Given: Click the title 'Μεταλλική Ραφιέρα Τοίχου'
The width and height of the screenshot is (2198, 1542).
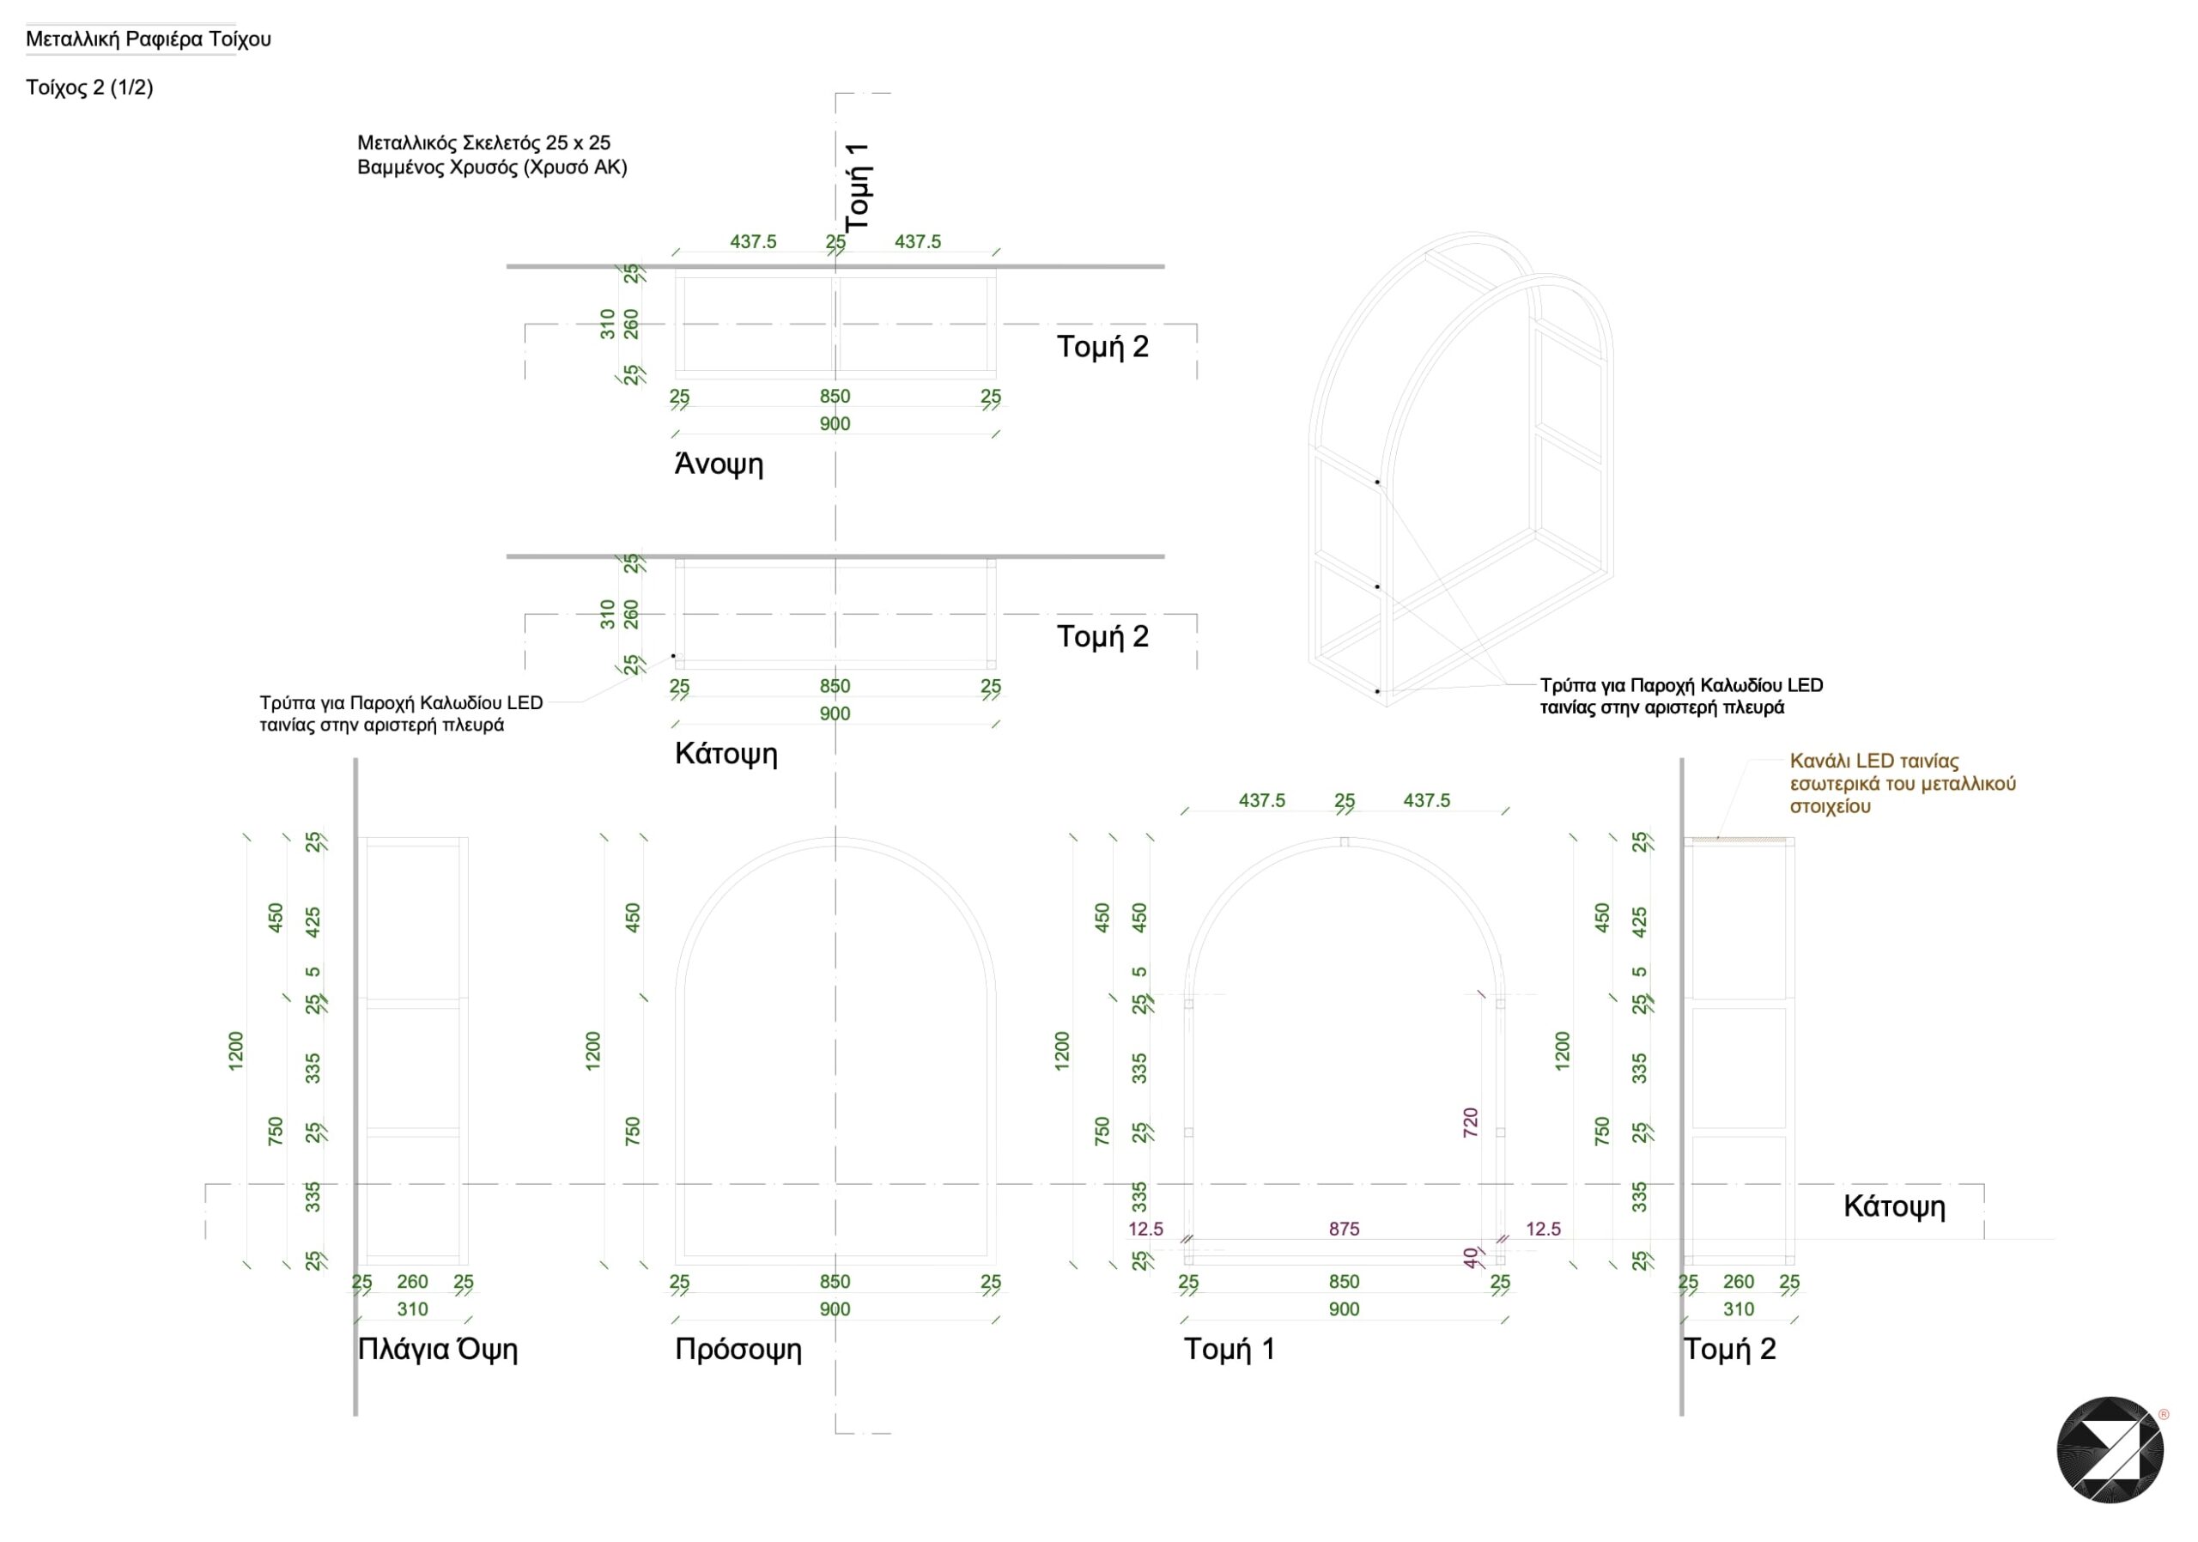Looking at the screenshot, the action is (x=149, y=39).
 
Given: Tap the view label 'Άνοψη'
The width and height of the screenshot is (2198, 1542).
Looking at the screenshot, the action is (x=719, y=464).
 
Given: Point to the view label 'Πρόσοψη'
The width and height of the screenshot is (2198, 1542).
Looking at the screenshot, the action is (x=738, y=1350).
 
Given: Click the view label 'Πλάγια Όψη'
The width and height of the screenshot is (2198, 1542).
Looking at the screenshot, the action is (x=438, y=1349).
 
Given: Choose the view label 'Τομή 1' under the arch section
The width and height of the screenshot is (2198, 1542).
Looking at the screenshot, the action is (x=1230, y=1349).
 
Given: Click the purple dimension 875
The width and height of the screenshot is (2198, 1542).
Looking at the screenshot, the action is (x=1344, y=1229).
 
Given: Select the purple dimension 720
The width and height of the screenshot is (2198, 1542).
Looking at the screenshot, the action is (x=1471, y=1123).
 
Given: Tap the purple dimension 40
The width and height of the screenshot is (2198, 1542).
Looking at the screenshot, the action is (x=1471, y=1258).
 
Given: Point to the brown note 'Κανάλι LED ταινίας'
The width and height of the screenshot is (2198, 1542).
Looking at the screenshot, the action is (x=1874, y=761).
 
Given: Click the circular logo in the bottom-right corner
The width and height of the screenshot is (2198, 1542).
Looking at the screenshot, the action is (x=2110, y=1450).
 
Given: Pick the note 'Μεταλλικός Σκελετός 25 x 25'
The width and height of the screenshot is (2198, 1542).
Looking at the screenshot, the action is (x=483, y=143).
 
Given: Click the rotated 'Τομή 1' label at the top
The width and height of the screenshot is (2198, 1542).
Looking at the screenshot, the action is (x=858, y=185).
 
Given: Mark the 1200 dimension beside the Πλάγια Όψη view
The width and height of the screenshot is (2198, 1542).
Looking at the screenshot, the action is (x=235, y=1051).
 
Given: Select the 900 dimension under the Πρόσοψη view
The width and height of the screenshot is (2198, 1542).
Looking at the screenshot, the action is (x=835, y=1309).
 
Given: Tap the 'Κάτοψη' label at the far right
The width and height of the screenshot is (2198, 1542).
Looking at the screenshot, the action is (x=1895, y=1207).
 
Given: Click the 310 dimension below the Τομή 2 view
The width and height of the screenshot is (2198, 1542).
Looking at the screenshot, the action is (x=1739, y=1309).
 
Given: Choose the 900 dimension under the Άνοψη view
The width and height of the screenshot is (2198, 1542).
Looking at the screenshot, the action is (x=835, y=424).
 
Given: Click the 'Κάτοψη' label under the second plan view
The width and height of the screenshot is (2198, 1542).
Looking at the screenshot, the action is (x=726, y=754).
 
